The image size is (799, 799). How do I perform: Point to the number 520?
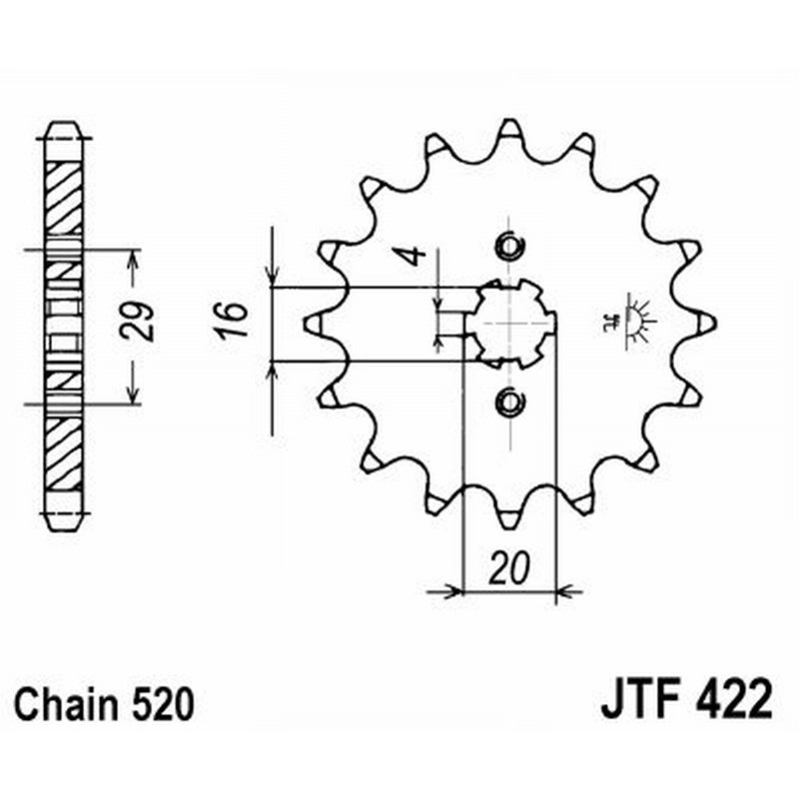(158, 705)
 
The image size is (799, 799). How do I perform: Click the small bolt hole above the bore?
(509, 244)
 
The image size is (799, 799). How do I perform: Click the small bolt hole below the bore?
(509, 401)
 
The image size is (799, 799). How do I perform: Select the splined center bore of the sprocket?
(511, 323)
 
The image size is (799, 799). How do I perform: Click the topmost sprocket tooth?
(509, 130)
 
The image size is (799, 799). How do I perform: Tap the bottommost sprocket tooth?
(509, 516)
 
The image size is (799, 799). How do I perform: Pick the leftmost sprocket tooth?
(313, 322)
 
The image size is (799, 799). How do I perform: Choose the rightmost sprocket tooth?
(706, 322)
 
